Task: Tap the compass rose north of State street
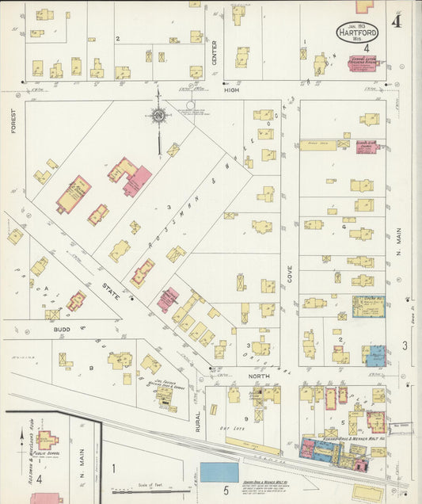coord(158,116)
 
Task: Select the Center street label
coord(214,51)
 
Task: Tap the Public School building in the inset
coord(48,438)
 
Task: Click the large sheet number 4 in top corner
coord(395,21)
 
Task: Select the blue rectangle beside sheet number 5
coord(219,472)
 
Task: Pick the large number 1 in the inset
coord(113,468)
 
